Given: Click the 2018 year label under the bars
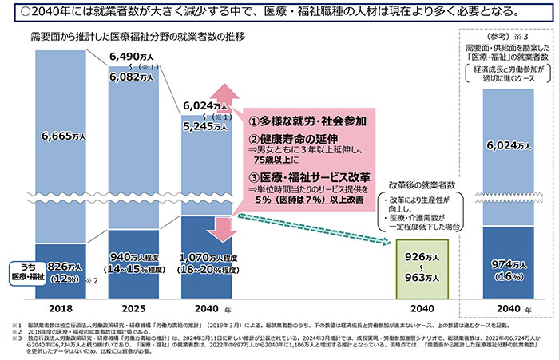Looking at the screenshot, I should [x=61, y=308].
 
